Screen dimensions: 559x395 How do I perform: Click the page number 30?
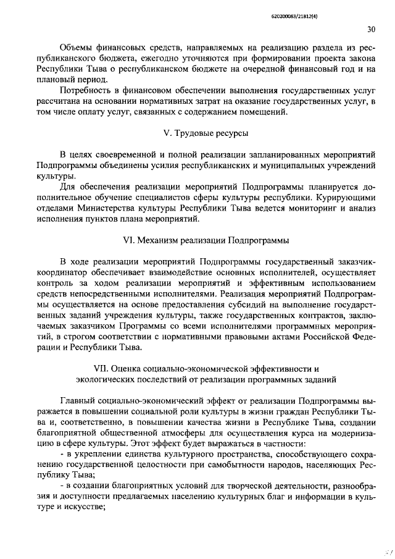point(370,29)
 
